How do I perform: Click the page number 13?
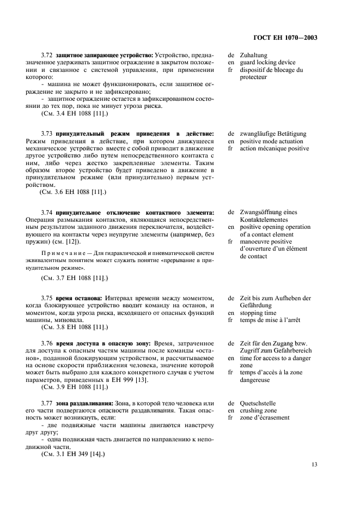314,464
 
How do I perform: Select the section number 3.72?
47,56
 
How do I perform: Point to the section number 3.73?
47,133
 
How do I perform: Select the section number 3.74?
47,212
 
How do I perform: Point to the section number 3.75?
47,298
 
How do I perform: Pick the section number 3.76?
47,343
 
